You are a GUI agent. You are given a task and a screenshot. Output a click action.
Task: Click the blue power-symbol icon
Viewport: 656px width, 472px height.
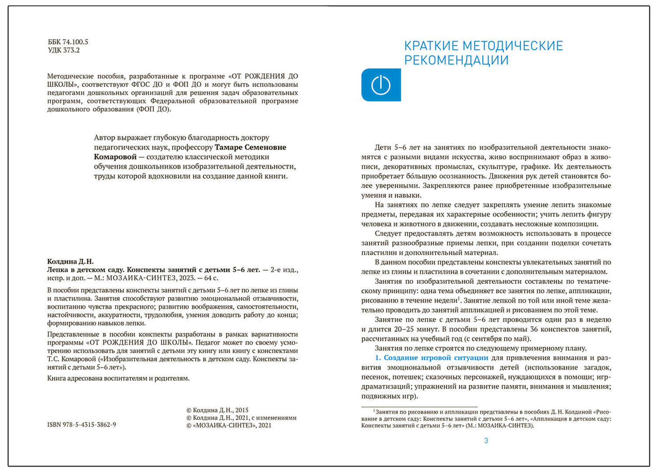point(380,85)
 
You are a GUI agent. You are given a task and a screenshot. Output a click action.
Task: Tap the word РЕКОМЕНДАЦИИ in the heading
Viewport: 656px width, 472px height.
point(456,60)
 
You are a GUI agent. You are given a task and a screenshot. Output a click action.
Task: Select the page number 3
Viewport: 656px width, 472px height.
point(486,441)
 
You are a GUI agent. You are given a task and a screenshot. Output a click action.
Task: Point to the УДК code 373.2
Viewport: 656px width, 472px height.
point(71,50)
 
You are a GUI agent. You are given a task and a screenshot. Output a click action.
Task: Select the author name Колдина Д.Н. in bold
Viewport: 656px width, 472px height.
point(70,261)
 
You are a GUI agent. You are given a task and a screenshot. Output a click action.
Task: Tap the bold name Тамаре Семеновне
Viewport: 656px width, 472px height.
point(250,147)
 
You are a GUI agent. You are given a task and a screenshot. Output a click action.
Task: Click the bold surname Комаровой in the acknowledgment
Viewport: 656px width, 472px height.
point(115,157)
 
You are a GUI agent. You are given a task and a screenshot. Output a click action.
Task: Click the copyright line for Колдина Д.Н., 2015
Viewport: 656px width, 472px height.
point(217,410)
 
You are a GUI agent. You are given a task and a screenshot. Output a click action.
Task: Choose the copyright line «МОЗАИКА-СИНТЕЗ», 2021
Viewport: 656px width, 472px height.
point(229,425)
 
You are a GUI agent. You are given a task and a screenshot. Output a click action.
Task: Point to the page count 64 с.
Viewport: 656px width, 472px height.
point(210,278)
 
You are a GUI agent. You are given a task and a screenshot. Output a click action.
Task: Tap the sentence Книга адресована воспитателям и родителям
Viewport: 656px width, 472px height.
point(118,378)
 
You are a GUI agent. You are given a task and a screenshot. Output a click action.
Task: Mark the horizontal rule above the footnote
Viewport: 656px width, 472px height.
point(419,407)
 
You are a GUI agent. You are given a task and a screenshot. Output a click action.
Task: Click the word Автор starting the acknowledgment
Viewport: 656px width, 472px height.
point(104,138)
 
